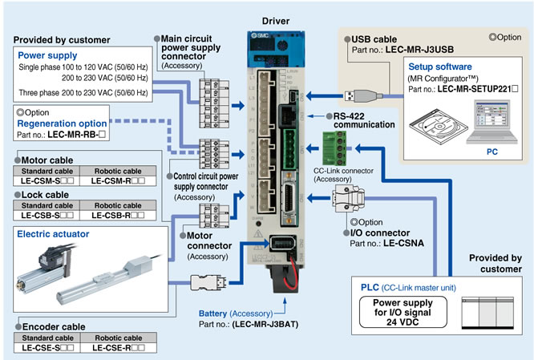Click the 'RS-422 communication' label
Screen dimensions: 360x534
pos(353,119)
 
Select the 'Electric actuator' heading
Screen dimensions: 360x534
pos(53,234)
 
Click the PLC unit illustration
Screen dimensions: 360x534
pos(487,309)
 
